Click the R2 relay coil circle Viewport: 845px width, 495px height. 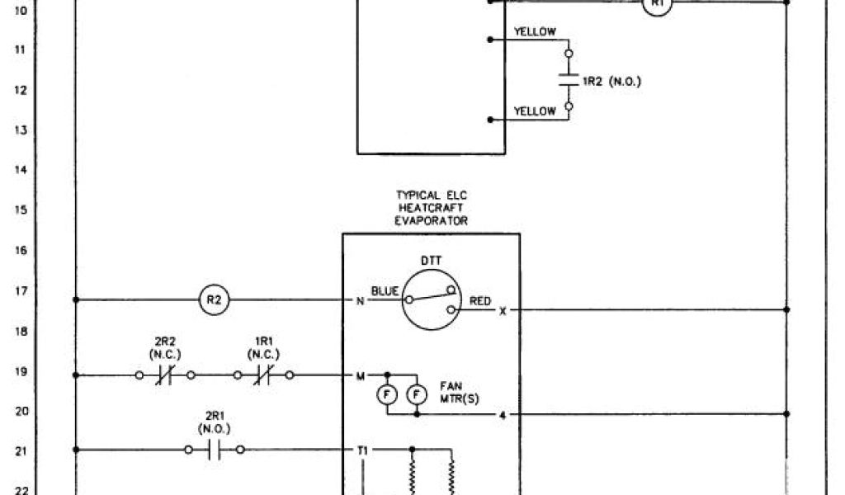(214, 299)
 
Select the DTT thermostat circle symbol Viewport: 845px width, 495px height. (432, 299)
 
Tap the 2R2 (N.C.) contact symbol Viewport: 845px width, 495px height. (164, 375)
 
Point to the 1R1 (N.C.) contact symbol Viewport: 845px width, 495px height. (263, 375)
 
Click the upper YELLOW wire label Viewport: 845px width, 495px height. (535, 32)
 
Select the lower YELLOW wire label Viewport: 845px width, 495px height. (535, 111)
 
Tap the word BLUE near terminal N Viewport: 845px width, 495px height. (385, 290)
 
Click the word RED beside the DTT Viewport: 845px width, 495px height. (480, 301)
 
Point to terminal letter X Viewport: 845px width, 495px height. (503, 311)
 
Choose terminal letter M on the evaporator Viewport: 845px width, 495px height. (360, 376)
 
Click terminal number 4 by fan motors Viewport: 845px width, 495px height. (503, 414)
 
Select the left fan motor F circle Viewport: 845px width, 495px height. (386, 395)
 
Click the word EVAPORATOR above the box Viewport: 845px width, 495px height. (431, 220)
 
